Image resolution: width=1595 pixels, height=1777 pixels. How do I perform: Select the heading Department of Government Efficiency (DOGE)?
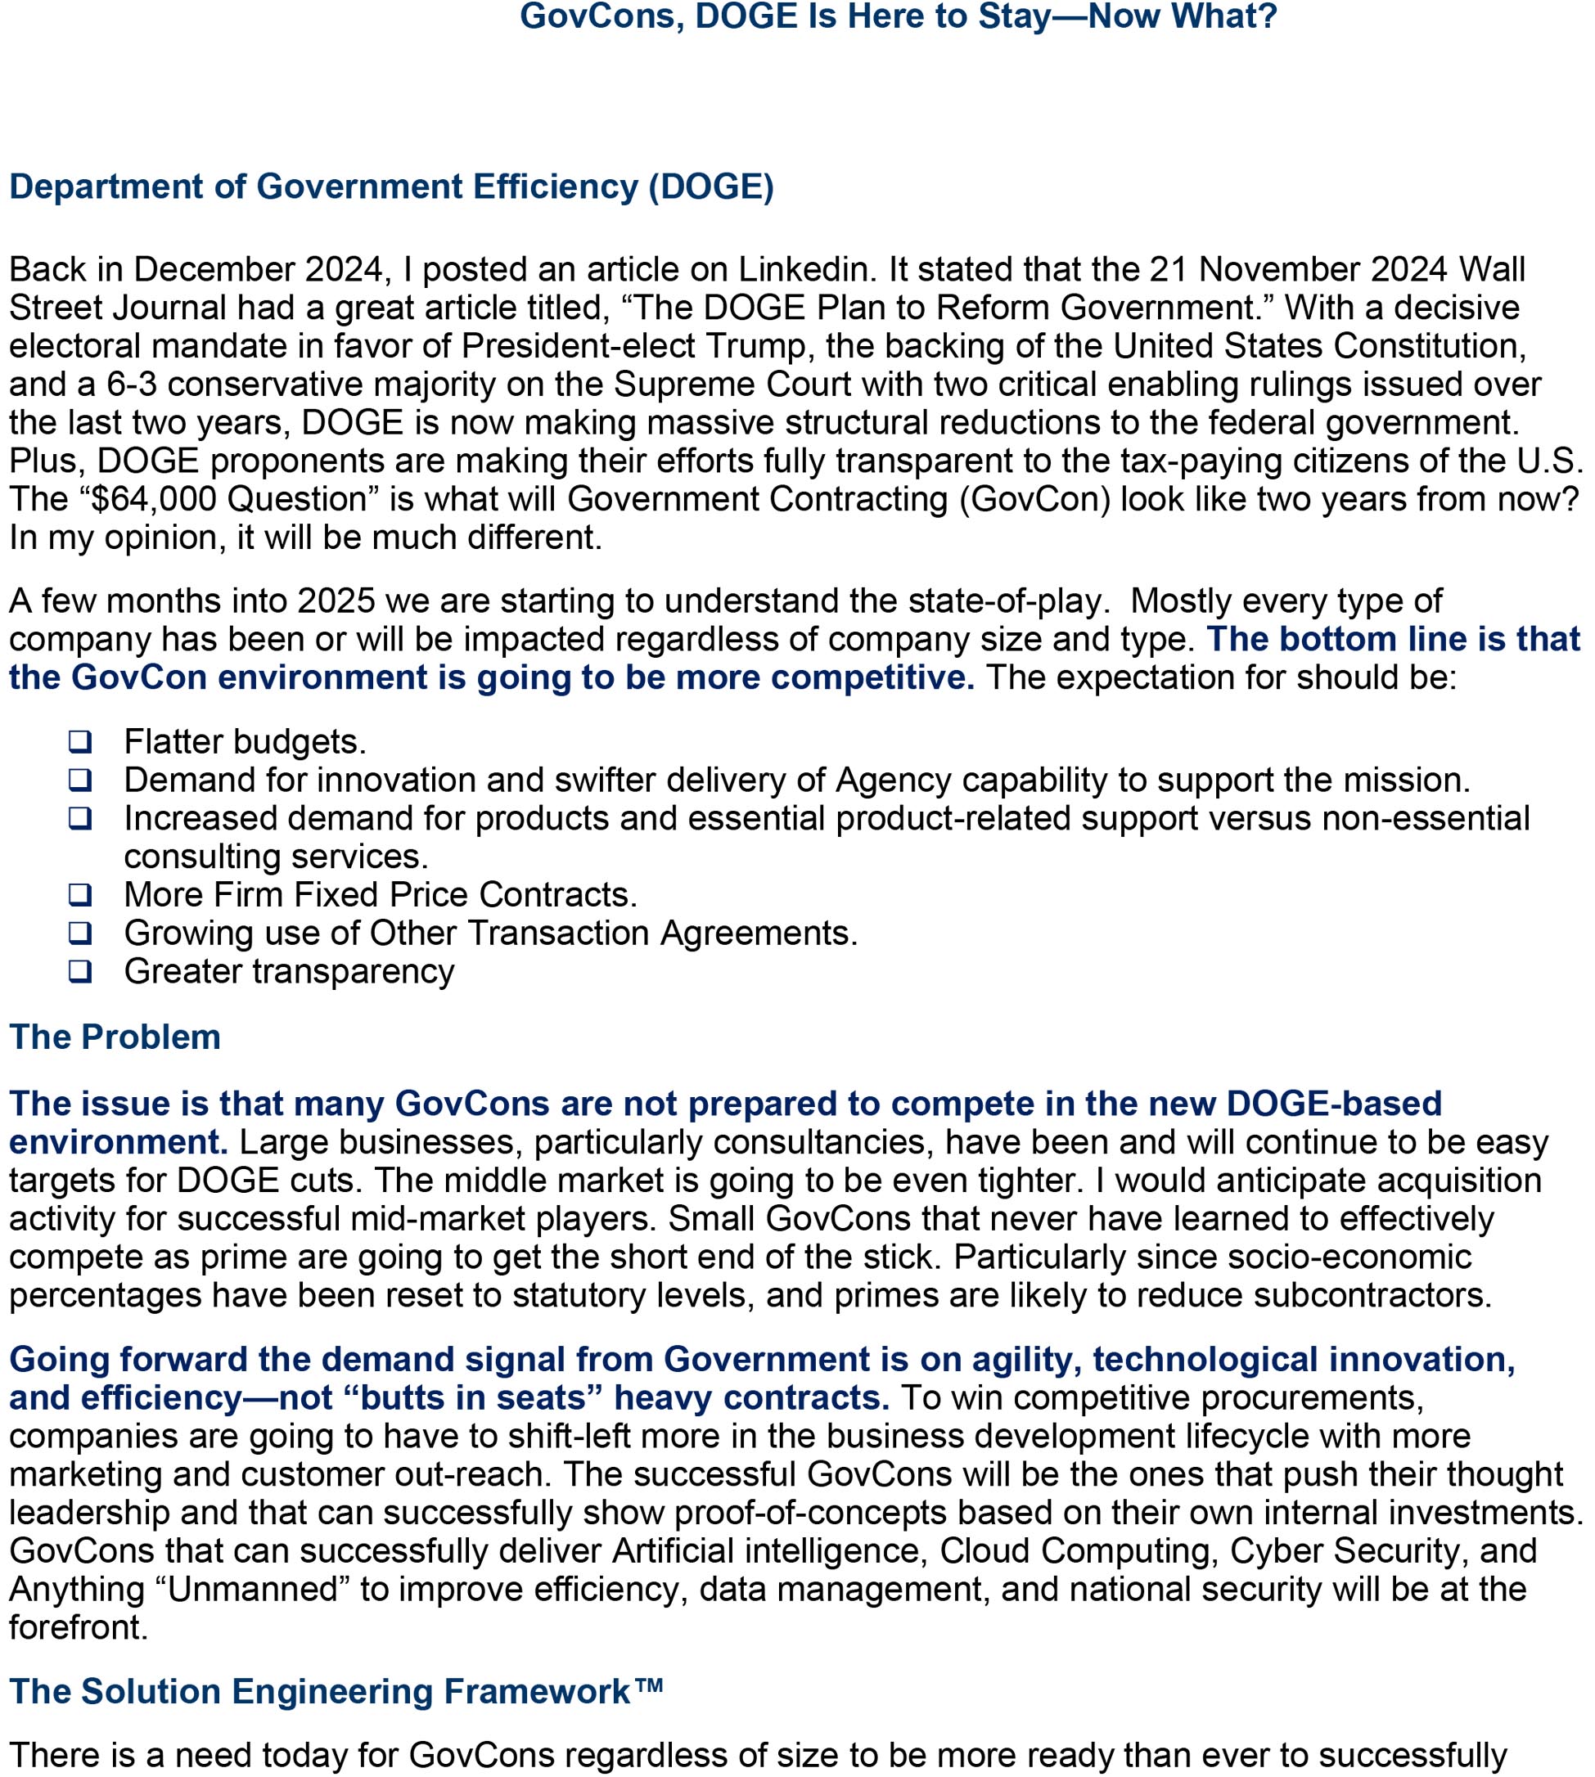point(392,187)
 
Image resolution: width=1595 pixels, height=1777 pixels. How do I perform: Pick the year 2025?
point(336,601)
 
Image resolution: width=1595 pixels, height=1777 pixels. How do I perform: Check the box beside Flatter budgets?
point(81,741)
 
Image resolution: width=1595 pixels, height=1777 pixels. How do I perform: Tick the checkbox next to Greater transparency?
point(81,971)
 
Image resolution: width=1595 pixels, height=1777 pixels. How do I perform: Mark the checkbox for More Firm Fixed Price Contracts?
point(81,894)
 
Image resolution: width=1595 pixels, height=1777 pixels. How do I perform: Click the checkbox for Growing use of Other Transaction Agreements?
point(81,933)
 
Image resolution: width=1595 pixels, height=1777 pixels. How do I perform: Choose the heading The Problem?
point(115,1037)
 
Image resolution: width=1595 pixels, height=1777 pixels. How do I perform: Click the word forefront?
point(78,1628)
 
